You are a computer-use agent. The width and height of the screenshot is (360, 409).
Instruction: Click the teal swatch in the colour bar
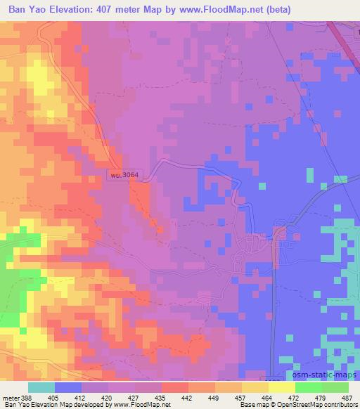pos(41,387)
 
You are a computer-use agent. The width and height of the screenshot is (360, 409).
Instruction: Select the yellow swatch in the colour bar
pos(281,387)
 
